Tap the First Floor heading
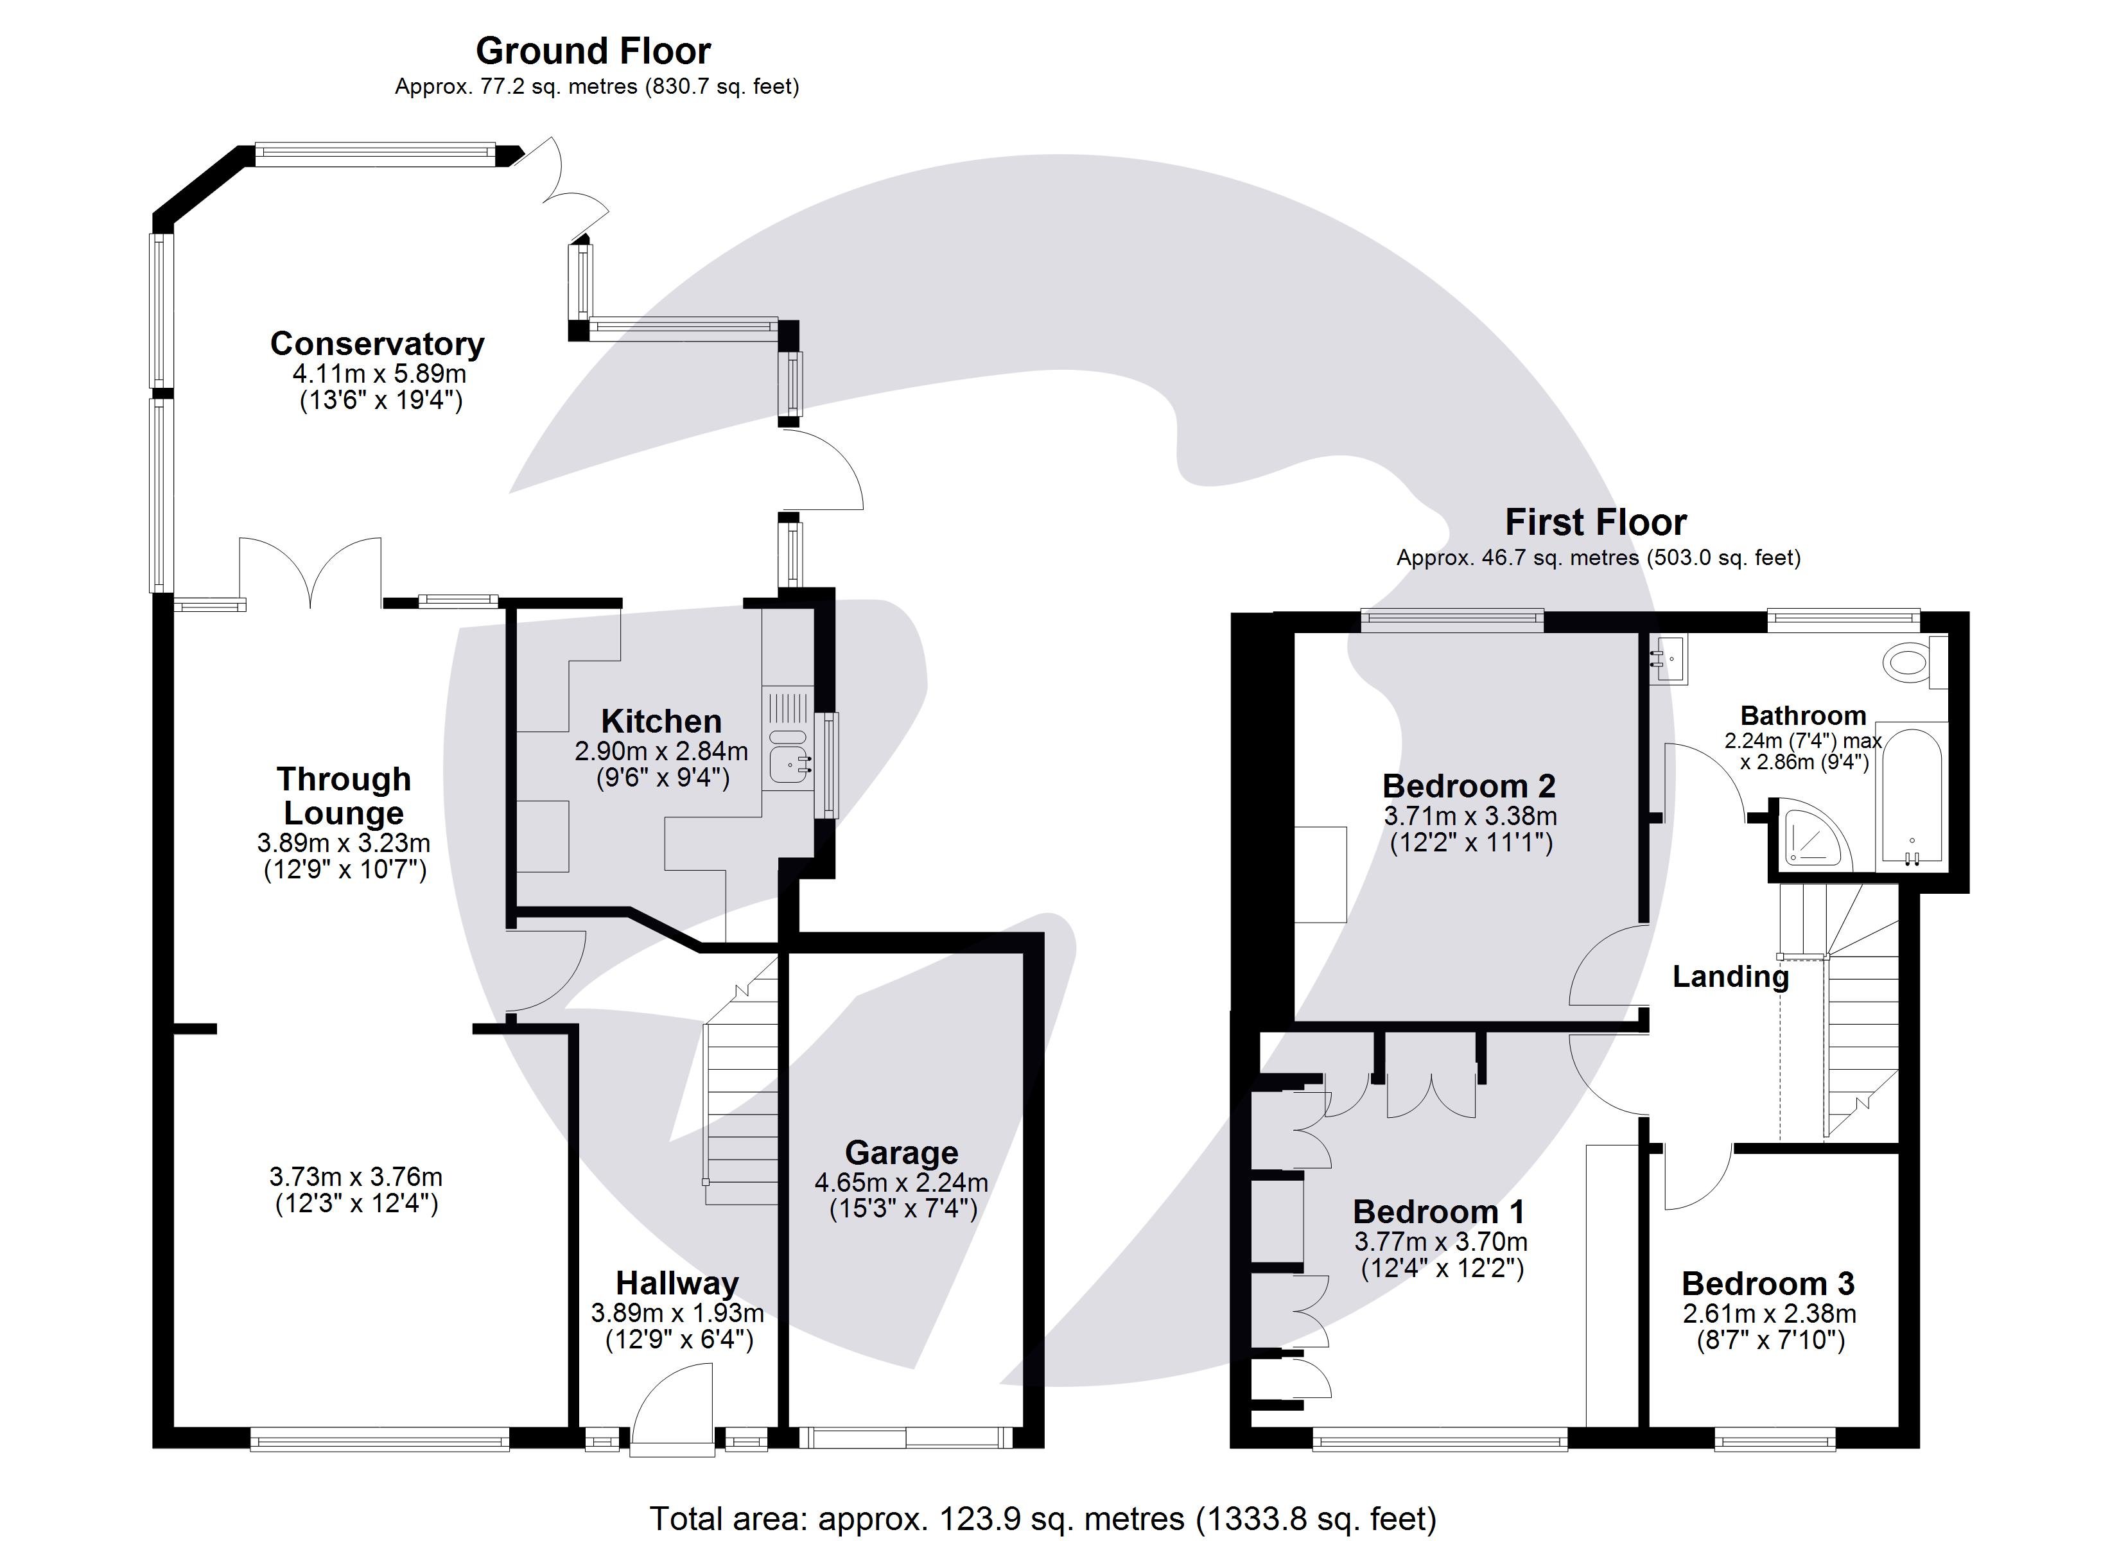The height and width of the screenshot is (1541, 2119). (x=1595, y=521)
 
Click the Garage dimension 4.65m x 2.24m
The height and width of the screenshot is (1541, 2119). (x=901, y=1182)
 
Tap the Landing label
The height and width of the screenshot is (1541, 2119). (x=1729, y=977)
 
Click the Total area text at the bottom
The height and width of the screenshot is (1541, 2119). (x=1043, y=1519)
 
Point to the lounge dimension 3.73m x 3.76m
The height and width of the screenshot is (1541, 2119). (x=355, y=1176)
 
